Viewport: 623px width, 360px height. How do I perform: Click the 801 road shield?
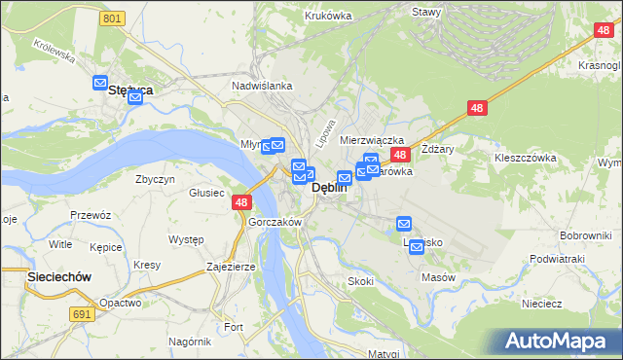click(113, 18)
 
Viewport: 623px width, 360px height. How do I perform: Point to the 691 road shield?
click(82, 314)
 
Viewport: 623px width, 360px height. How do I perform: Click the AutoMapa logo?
click(560, 341)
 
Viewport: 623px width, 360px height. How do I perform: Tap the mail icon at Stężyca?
click(100, 85)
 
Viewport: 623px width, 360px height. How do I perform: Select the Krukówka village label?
click(327, 15)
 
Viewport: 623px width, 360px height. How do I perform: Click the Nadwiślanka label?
click(262, 86)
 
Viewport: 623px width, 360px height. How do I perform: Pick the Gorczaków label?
click(276, 222)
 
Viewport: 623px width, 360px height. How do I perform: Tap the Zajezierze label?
click(231, 266)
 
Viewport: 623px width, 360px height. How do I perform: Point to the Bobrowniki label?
click(585, 236)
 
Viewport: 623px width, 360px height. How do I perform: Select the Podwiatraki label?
click(557, 259)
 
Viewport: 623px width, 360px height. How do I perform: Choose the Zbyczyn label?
click(156, 179)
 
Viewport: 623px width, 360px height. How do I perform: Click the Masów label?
click(439, 277)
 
